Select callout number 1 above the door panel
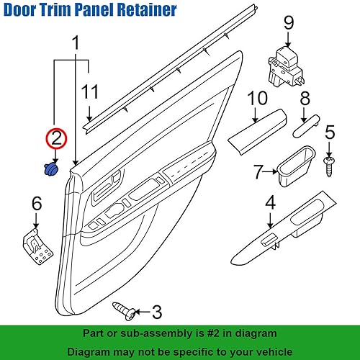[75, 45]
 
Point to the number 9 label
[289, 22]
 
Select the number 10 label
[256, 99]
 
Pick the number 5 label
[330, 132]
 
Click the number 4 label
[269, 202]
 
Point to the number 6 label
[37, 206]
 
